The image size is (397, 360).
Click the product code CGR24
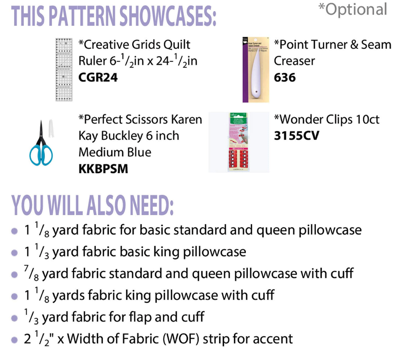point(98,77)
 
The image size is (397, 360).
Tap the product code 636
point(285,77)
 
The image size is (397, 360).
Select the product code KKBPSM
point(103,169)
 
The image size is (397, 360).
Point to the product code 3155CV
point(296,135)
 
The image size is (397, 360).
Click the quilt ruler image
point(64,70)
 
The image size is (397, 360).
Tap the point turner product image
point(256,70)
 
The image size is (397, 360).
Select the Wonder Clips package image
point(238,142)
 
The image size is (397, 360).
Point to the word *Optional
point(353,9)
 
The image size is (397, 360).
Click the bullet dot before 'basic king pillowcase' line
point(15,253)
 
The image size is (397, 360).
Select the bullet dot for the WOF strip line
point(15,340)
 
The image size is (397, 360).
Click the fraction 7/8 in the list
point(31,274)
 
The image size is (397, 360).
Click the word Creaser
point(294,61)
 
